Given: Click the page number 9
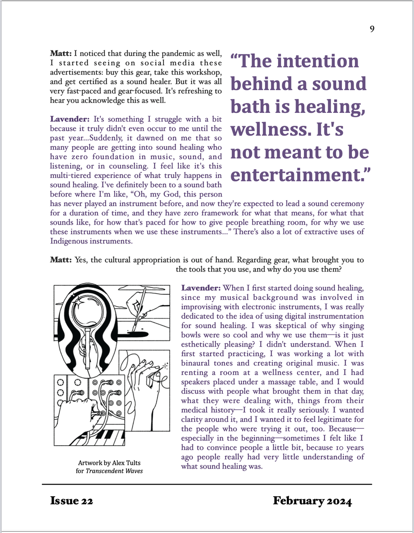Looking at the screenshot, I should [372, 29].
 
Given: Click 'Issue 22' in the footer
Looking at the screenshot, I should [72, 501].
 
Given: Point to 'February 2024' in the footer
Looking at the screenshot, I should [312, 501].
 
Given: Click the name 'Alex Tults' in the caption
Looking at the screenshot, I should [126, 463].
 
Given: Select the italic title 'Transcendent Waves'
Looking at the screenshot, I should [114, 471].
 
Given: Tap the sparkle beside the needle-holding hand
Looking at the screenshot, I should [166, 365].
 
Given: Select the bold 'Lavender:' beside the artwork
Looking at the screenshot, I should [201, 288].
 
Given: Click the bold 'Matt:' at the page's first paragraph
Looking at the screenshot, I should [61, 53].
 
